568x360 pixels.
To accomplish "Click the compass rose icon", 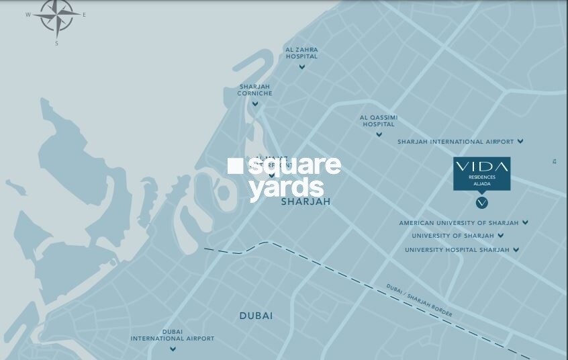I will pyautogui.click(x=56, y=17).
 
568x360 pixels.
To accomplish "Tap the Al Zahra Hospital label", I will pyautogui.click(x=301, y=53).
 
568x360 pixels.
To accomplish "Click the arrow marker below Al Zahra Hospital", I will pyautogui.click(x=302, y=66).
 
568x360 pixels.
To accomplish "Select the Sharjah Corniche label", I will pyautogui.click(x=255, y=90).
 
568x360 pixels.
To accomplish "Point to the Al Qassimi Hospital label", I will pyautogui.click(x=379, y=121).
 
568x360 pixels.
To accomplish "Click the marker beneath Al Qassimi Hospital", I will pyautogui.click(x=379, y=134).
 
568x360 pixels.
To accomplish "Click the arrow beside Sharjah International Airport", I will pyautogui.click(x=520, y=142).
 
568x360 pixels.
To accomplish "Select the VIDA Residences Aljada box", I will pyautogui.click(x=481, y=173).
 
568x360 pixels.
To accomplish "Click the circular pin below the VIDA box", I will pyautogui.click(x=481, y=202).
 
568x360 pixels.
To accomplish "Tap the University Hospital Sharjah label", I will pyautogui.click(x=457, y=250).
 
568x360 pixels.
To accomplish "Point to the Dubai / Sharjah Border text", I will pyautogui.click(x=419, y=300).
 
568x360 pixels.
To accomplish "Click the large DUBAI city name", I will pyautogui.click(x=256, y=316).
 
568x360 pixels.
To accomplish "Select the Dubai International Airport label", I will pyautogui.click(x=173, y=335).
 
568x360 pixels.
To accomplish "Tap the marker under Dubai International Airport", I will pyautogui.click(x=173, y=349).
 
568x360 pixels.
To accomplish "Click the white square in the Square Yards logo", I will pyautogui.click(x=235, y=165).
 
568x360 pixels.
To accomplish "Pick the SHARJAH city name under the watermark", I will pyautogui.click(x=305, y=201).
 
